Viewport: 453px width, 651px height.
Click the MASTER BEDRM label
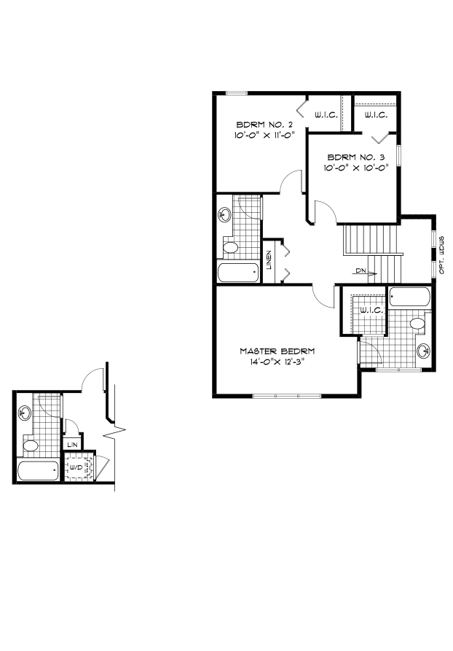[x=272, y=351]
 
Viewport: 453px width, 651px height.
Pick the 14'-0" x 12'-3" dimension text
[x=272, y=362]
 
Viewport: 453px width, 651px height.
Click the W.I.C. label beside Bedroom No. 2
[x=325, y=115]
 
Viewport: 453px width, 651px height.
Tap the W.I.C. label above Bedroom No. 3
[x=375, y=115]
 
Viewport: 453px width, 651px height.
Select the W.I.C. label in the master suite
[x=371, y=311]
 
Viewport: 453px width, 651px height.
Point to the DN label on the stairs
[x=361, y=270]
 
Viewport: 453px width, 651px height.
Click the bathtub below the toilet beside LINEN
[x=238, y=273]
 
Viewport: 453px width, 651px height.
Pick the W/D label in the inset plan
[x=76, y=467]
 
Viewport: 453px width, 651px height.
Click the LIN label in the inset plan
[x=71, y=444]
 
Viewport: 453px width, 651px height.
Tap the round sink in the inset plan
[x=26, y=413]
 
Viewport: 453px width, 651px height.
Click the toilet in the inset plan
[x=31, y=445]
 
